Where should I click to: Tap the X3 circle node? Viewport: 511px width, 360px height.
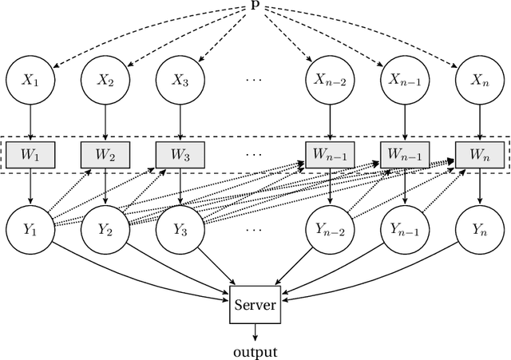pos(180,80)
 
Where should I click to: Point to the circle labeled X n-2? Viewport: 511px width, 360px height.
pos(329,80)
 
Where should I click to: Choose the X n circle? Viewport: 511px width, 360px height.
pos(478,80)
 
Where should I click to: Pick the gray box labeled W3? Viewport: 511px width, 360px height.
pos(180,152)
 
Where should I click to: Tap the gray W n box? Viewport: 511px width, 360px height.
pos(478,152)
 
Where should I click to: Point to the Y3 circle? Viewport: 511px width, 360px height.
pos(180,228)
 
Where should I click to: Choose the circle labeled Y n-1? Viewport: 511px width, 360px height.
pos(404,228)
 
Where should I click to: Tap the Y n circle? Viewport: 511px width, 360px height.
pos(478,228)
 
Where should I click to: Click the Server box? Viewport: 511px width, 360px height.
pos(255,305)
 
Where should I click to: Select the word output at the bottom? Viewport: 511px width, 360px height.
pos(255,350)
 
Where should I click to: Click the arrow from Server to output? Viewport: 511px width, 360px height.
pos(255,332)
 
